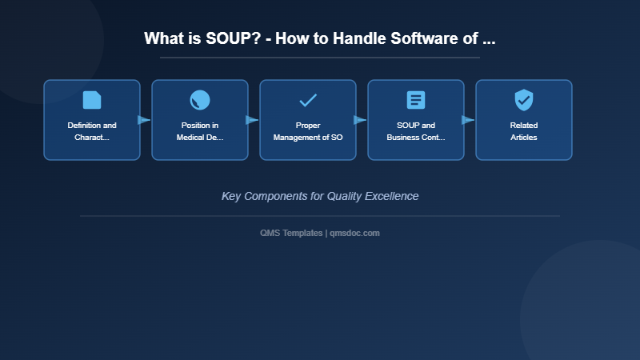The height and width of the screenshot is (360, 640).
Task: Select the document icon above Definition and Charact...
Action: (x=92, y=100)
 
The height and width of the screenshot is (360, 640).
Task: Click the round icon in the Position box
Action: (x=200, y=100)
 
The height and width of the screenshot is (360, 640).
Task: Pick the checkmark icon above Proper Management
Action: (x=308, y=100)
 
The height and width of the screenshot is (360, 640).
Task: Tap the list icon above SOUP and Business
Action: (x=416, y=100)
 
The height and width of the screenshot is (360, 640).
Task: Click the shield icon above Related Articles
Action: (x=524, y=100)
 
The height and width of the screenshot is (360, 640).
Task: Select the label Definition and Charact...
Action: (x=92, y=131)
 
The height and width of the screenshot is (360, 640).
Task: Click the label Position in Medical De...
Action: (x=200, y=131)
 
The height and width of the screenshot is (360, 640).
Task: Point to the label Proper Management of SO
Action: (x=308, y=131)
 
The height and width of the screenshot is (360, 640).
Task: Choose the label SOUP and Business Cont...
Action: (x=416, y=131)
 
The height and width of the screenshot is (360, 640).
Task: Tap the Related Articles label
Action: (x=524, y=131)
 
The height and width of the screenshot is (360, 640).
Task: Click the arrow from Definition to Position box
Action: (x=145, y=120)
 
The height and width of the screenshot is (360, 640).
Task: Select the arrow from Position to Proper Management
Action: (x=253, y=120)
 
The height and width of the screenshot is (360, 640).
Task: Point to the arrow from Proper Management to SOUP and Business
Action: (x=361, y=120)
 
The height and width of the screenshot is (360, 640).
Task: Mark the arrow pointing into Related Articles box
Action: (x=469, y=120)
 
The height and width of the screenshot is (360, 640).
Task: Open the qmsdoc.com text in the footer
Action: (x=355, y=233)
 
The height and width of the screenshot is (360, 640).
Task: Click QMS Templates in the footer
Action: (x=292, y=233)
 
